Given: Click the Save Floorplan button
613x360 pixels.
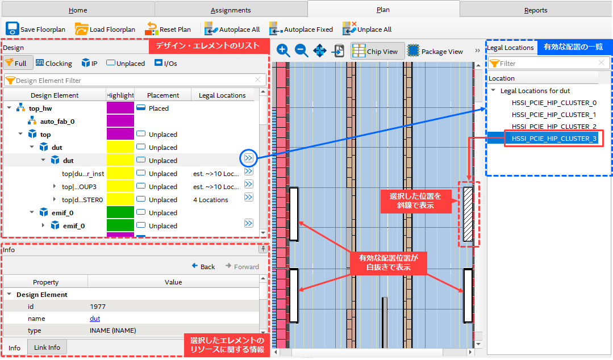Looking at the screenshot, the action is click(x=35, y=29).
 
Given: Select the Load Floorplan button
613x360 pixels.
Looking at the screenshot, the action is click(x=105, y=29).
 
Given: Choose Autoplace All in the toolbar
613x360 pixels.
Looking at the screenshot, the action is click(x=232, y=29).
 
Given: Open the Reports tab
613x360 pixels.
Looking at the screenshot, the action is click(x=536, y=10).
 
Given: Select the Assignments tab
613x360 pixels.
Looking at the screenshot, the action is click(x=231, y=10).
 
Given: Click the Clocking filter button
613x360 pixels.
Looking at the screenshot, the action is click(x=53, y=64).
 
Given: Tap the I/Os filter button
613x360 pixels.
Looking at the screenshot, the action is click(x=166, y=64).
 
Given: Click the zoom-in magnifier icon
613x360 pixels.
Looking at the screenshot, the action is click(x=283, y=51).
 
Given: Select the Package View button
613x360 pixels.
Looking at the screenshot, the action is click(x=435, y=51).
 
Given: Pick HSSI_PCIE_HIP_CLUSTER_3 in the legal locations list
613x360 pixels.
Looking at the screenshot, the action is click(x=554, y=139).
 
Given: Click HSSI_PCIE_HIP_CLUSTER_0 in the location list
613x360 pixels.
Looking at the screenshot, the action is click(x=554, y=103).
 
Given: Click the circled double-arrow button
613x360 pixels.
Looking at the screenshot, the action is click(x=249, y=158).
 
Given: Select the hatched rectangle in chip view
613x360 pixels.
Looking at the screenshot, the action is click(x=468, y=214).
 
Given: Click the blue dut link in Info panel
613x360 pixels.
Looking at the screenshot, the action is click(x=95, y=318).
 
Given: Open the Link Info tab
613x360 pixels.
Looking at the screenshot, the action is click(x=47, y=347).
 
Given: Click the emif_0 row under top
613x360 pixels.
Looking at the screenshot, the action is click(x=62, y=212).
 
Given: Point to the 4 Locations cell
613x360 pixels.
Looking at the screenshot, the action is click(x=210, y=200).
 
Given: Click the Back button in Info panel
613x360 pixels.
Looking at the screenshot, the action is click(x=203, y=266).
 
